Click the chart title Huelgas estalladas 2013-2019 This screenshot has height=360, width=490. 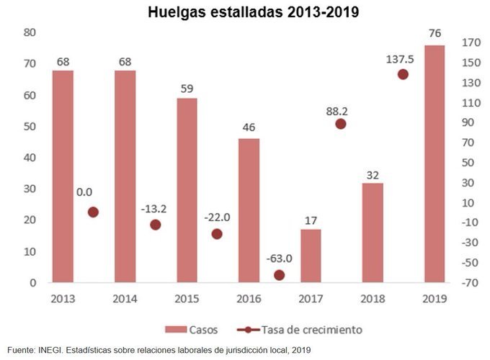[244, 12]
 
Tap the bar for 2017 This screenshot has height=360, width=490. [311, 256]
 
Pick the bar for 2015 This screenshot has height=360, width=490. [187, 190]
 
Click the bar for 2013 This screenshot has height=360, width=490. [63, 176]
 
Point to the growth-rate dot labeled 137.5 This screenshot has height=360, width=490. [403, 74]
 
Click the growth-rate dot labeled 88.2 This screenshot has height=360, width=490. [341, 124]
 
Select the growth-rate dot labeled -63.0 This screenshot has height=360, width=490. [279, 275]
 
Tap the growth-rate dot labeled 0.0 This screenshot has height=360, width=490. [93, 212]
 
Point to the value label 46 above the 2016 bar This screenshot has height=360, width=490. [249, 127]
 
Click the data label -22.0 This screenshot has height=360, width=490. [216, 217]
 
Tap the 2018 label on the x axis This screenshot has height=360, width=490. [373, 297]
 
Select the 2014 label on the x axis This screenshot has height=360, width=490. [125, 297]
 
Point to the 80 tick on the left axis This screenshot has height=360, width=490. [30, 32]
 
